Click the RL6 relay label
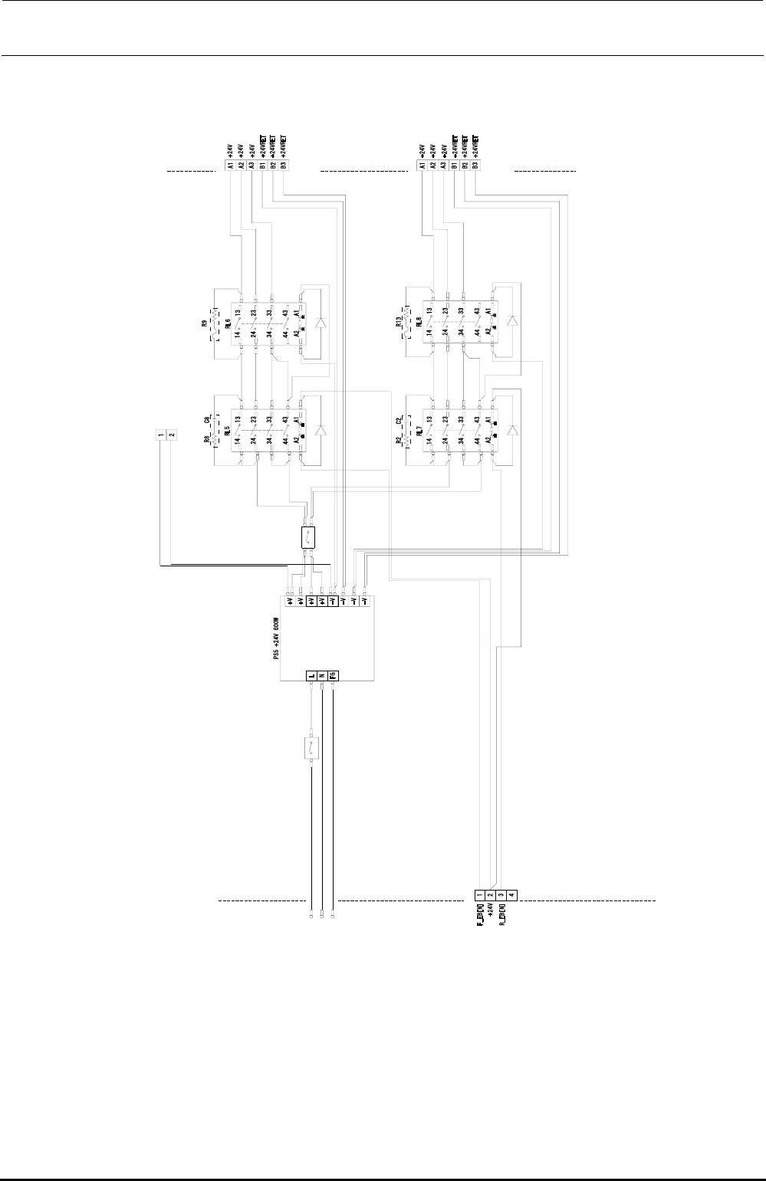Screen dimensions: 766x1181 coord(228,325)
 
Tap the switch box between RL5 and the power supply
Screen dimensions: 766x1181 coord(308,536)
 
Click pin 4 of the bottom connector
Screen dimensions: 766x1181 coord(511,894)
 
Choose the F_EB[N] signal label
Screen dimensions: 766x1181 coord(479,915)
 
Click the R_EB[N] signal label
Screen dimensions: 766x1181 coord(501,915)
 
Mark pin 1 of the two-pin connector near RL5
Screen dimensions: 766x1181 coord(161,435)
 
